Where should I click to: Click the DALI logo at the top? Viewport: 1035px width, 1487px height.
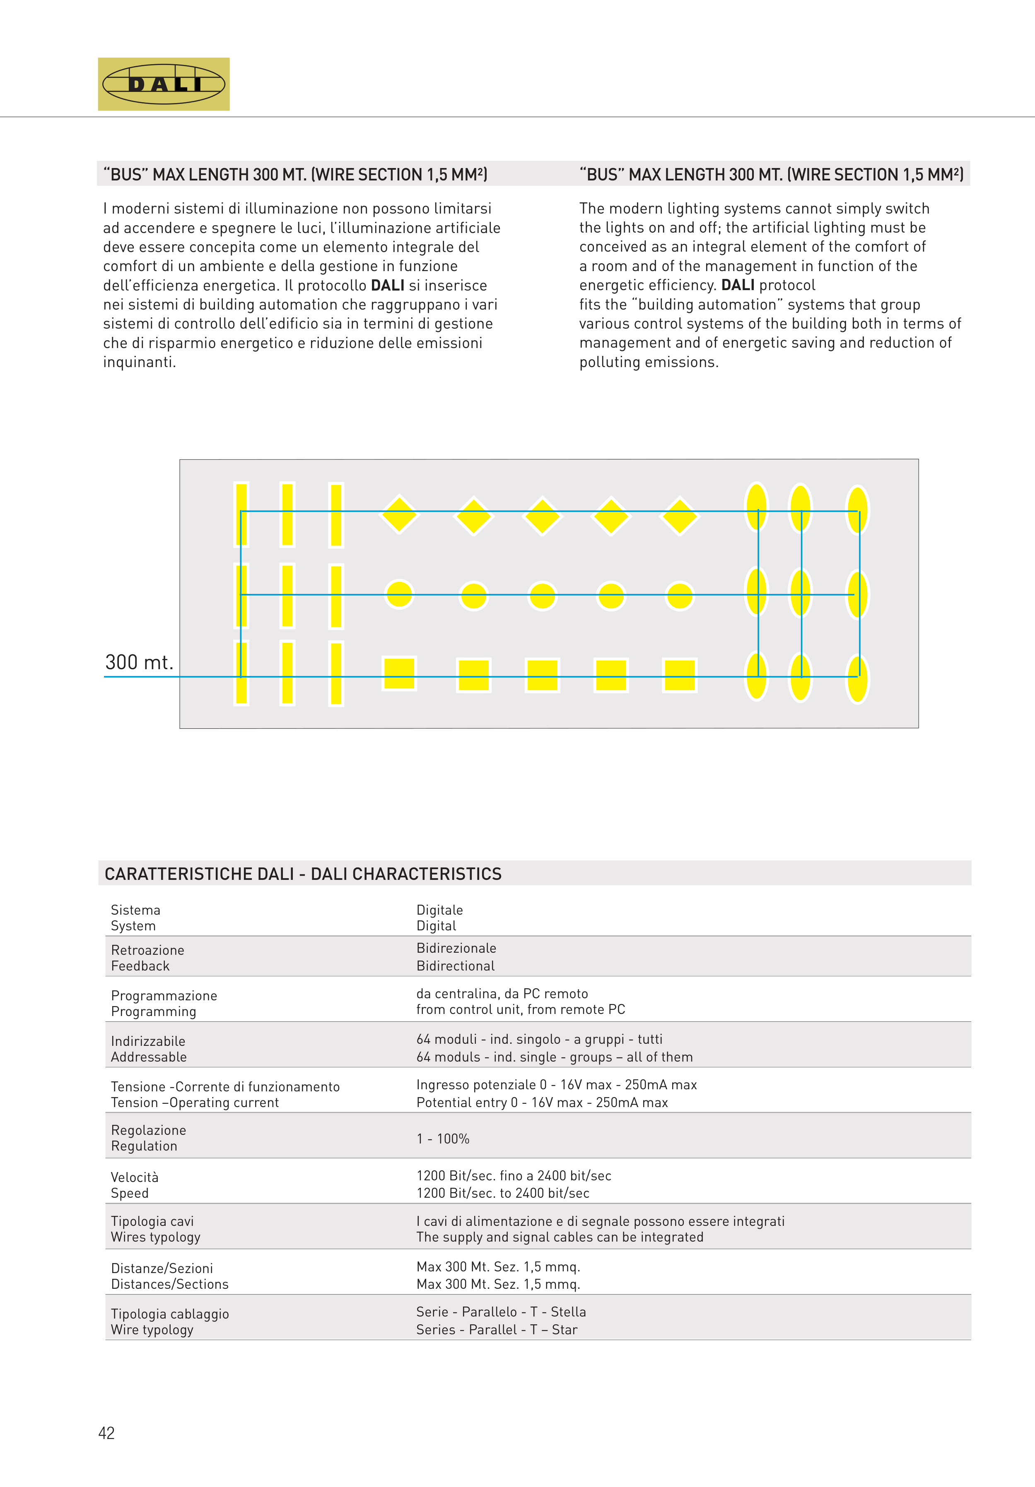coord(163,84)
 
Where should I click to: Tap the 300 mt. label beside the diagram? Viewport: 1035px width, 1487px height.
coord(139,663)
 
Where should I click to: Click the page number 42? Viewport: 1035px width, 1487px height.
coord(106,1433)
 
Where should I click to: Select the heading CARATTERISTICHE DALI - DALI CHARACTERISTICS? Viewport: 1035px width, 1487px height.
coord(303,874)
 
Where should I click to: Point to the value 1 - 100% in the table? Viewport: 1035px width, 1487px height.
coord(443,1138)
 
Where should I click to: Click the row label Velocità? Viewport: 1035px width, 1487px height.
coord(134,1177)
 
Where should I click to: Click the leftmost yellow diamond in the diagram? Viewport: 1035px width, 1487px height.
coord(399,514)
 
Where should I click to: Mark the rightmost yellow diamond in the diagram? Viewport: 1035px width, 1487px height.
coord(679,516)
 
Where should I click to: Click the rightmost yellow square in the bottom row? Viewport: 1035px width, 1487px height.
coord(679,675)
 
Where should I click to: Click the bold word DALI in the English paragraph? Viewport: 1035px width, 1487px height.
coord(738,285)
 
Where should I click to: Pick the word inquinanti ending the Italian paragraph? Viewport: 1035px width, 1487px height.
coord(139,362)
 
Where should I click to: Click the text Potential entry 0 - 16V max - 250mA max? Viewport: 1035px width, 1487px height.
coord(542,1102)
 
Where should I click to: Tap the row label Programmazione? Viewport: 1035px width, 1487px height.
coord(164,995)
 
